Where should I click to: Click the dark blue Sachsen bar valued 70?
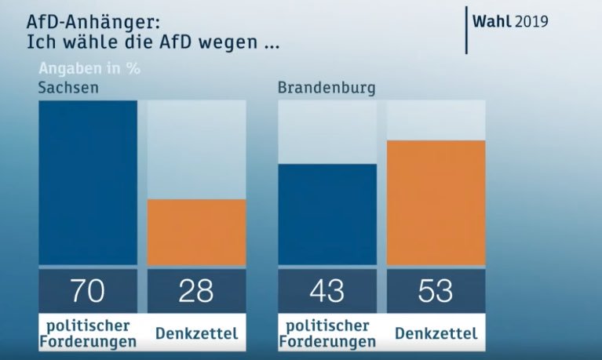pos(88,183)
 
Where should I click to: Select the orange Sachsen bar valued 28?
pos(196,232)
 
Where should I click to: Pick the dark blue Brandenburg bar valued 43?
pos(327,214)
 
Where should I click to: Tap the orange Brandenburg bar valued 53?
pos(436,202)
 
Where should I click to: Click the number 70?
pos(88,290)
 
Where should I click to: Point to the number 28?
pos(196,290)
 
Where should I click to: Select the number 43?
pos(327,290)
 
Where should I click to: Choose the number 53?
pos(436,290)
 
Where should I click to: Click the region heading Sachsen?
pos(68,87)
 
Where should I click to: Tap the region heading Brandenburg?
pos(327,87)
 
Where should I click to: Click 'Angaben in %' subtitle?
pos(89,68)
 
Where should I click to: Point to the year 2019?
pos(531,20)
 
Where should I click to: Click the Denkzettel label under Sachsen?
pos(196,333)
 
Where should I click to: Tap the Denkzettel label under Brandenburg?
pos(436,333)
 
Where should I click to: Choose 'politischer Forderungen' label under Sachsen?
pos(88,333)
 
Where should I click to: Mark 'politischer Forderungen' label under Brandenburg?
pos(327,333)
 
